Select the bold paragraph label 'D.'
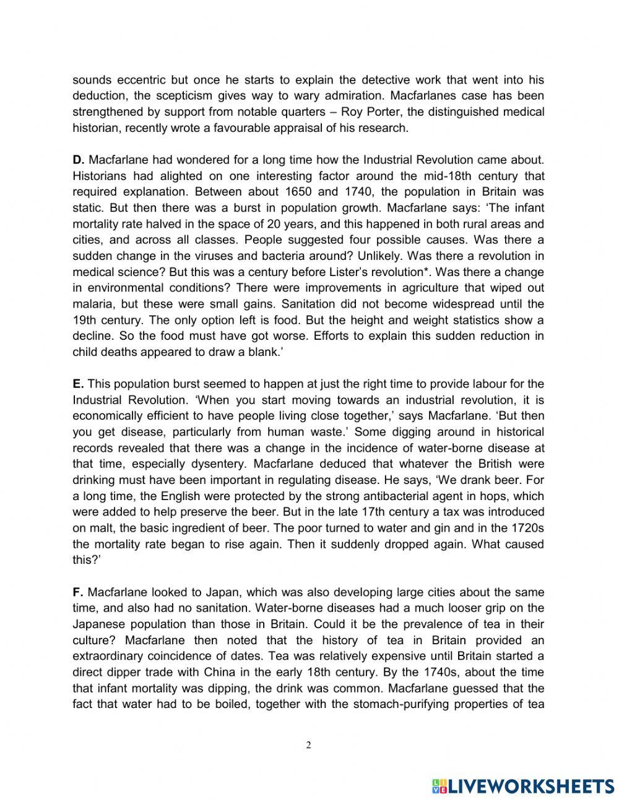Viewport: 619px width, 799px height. pos(79,160)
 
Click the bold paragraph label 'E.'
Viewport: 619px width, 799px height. pos(78,384)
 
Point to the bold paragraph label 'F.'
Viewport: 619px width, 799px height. pos(78,592)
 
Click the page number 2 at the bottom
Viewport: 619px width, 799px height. pos(309,745)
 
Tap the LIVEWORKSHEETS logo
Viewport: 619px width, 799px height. pos(524,785)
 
